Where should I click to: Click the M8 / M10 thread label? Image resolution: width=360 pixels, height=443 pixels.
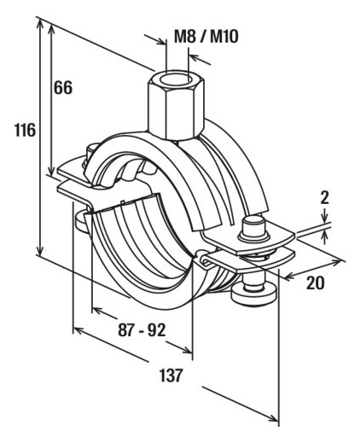pyautogui.click(x=206, y=37)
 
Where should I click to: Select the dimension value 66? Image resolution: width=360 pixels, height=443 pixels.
pyautogui.click(x=63, y=88)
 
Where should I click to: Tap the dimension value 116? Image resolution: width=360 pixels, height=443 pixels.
pyautogui.click(x=25, y=131)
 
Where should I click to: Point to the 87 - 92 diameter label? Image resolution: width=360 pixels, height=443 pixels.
pyautogui.click(x=142, y=330)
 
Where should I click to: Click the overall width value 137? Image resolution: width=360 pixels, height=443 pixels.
pyautogui.click(x=171, y=375)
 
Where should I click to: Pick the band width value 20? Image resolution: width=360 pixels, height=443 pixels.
pyautogui.click(x=315, y=283)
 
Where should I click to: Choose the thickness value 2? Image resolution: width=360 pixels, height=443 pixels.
pyautogui.click(x=324, y=197)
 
